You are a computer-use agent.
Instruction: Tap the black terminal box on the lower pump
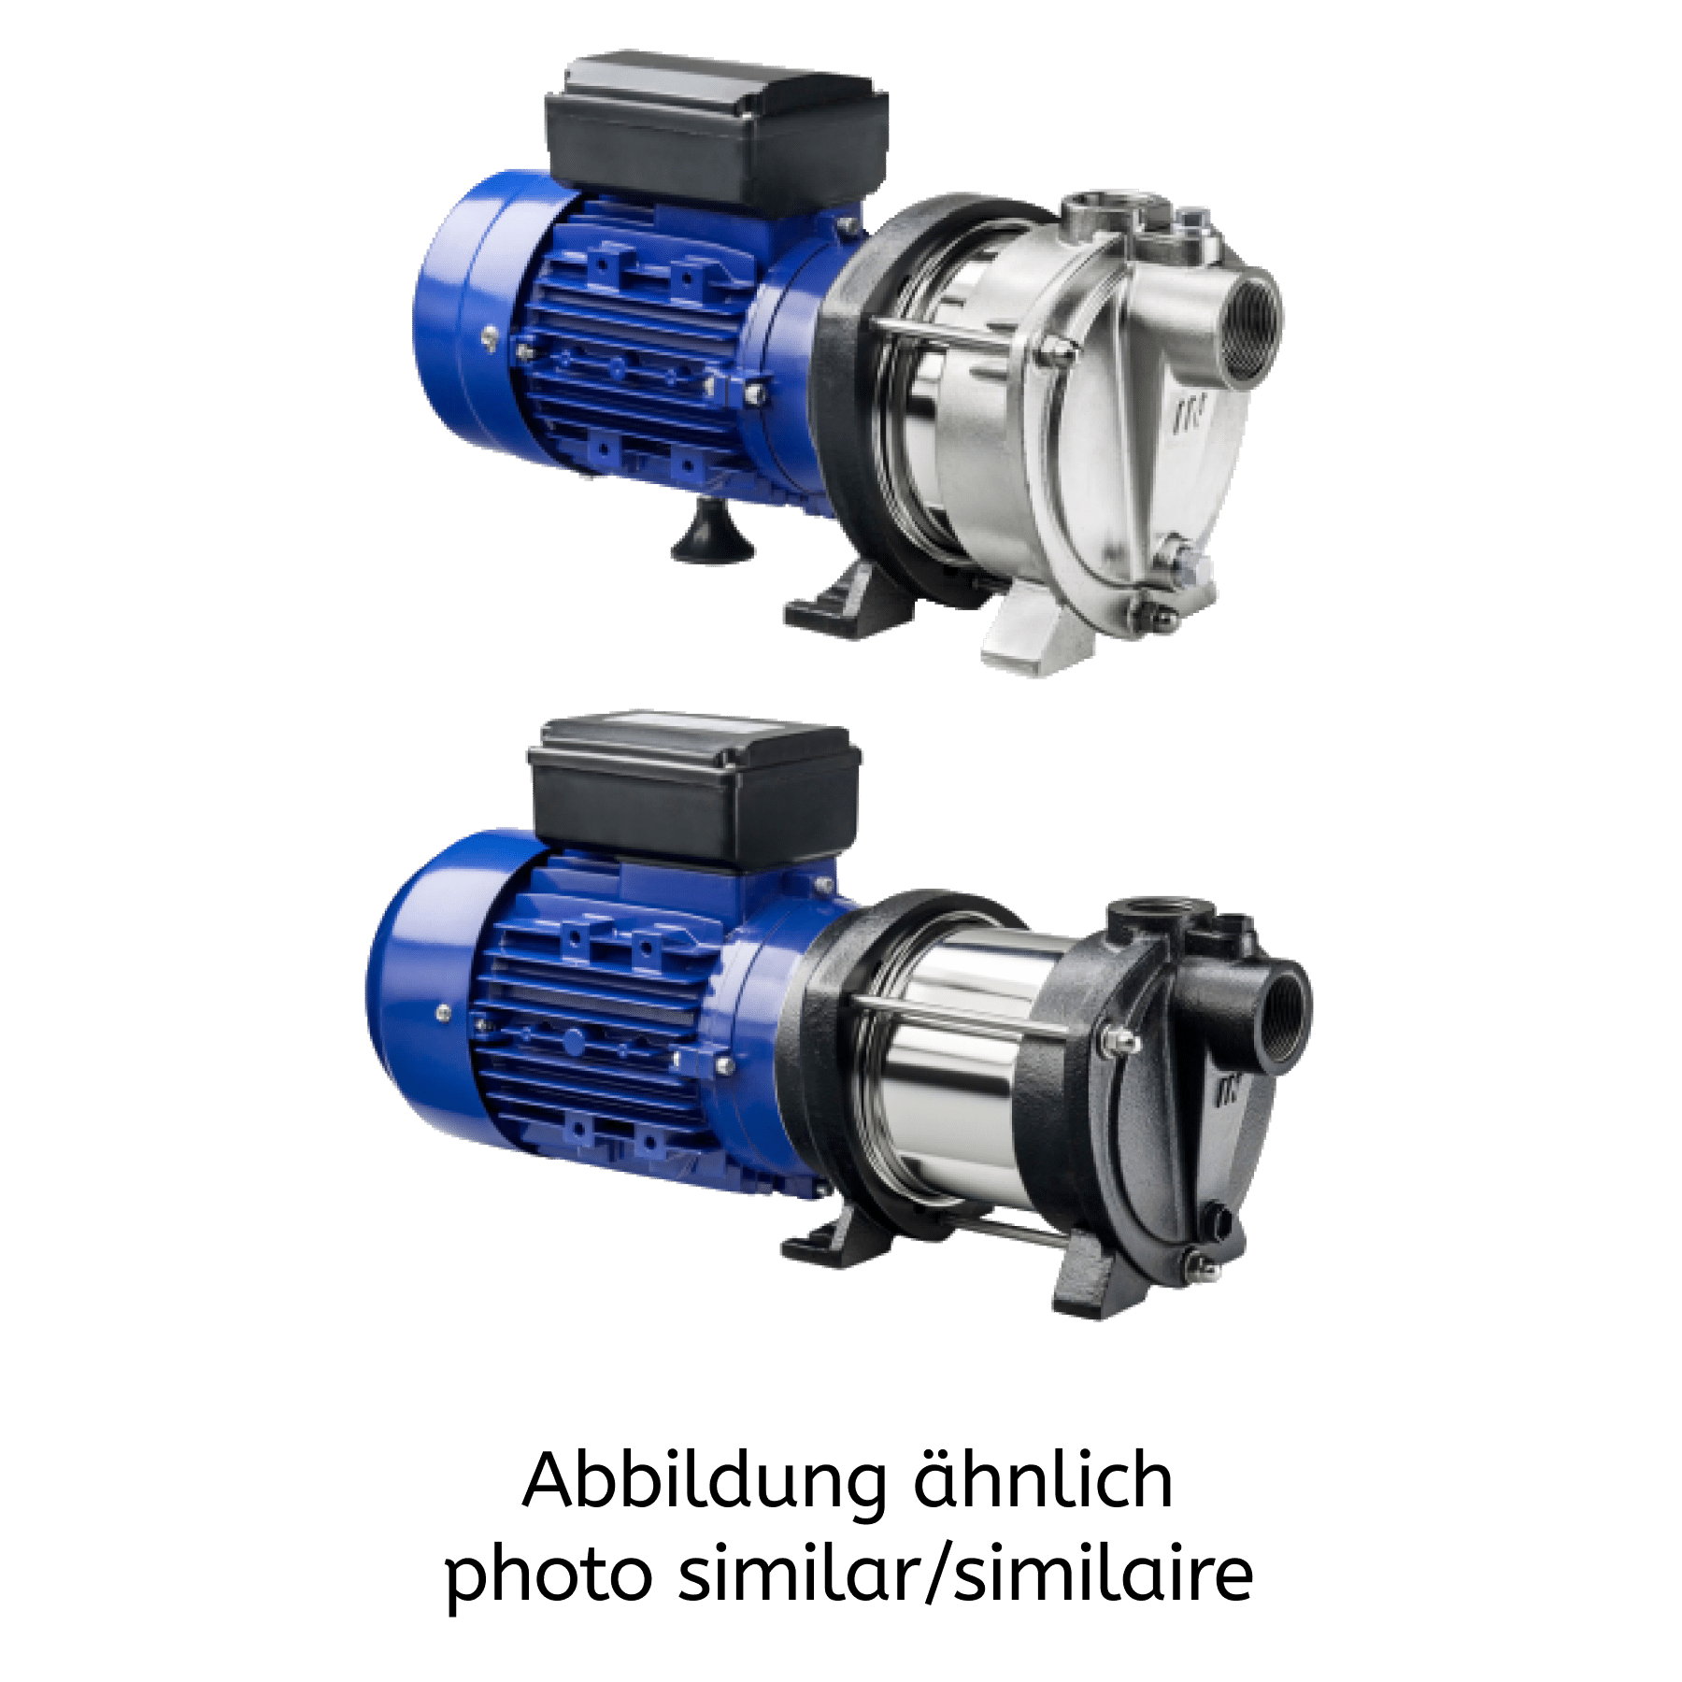(x=694, y=793)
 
